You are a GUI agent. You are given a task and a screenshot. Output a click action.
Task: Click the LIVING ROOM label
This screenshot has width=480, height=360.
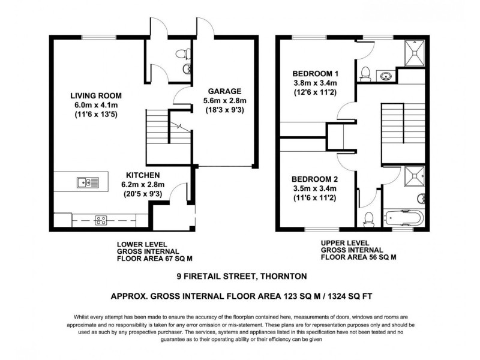pos(96,95)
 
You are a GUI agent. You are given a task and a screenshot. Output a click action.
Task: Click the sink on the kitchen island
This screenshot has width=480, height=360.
pos(84,182)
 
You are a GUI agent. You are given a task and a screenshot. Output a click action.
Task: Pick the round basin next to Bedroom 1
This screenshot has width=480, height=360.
pos(386,76)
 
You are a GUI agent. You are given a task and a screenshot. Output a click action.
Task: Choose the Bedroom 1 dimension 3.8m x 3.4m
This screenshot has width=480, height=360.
pos(316,83)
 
